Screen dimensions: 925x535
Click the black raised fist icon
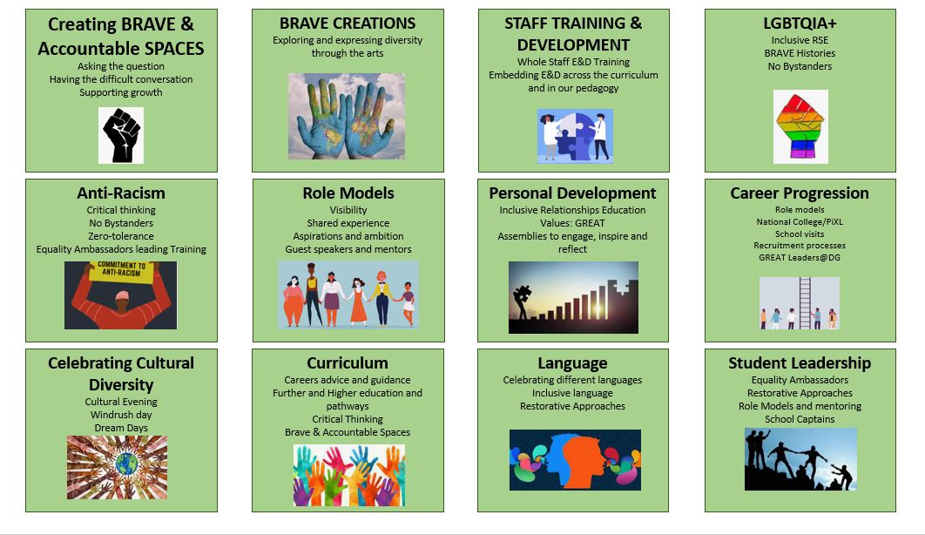122,135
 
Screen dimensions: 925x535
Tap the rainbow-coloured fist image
800,126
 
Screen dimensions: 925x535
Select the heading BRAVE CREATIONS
348,24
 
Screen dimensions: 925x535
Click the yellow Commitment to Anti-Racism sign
121,271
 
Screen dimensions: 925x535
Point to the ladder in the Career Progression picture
805,302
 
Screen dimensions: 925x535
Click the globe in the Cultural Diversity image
126,464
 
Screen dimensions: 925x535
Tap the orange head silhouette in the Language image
583,459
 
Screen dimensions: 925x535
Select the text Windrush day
121,415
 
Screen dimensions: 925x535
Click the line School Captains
800,419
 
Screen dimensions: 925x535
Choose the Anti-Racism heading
121,193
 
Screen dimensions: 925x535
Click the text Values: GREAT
572,223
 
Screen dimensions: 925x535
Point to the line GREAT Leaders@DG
800,258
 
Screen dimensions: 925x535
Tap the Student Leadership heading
800,362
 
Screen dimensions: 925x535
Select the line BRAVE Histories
800,53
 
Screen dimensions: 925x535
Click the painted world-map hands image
347,116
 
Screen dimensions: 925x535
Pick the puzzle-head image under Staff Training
575,136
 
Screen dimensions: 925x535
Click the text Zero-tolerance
121,236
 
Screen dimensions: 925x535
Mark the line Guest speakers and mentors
348,249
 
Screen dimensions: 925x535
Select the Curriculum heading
348,362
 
